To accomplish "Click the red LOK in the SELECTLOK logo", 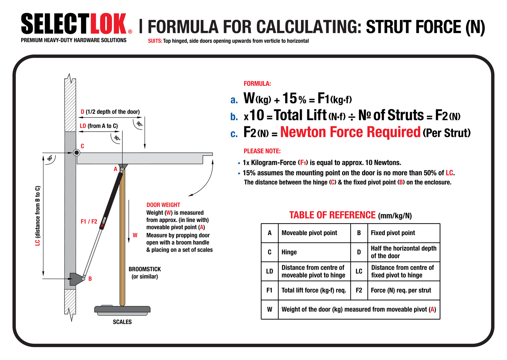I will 108,25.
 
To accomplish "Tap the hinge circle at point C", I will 76,153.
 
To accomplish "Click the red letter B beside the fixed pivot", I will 90,279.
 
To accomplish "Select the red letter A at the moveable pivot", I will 115,169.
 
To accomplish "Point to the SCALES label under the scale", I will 122,322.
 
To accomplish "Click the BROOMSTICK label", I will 145,269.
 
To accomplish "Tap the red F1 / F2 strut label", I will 89,222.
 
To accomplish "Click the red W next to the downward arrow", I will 135,235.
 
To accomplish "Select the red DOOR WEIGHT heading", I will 163,205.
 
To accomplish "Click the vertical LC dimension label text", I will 38,216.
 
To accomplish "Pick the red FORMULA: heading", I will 257,84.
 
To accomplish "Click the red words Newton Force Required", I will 350,132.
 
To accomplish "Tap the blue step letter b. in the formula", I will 234,117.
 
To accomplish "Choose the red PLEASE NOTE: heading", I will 262,151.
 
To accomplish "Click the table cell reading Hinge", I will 289,252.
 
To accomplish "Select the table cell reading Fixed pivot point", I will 393,233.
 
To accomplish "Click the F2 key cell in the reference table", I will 359,291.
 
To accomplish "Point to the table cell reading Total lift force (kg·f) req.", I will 314,291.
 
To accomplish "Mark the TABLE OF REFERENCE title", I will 332,215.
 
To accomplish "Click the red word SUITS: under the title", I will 155,41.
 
